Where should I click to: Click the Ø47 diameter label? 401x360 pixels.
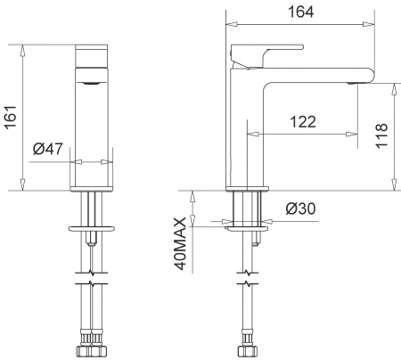pos(47,150)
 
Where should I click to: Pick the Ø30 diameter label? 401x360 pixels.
pos(299,209)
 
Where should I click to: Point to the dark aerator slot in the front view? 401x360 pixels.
pos(92,82)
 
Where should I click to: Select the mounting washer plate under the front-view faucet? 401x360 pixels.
pos(91,228)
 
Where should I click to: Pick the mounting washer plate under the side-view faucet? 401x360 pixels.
pos(247,228)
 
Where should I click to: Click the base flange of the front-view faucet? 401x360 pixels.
pos(91,190)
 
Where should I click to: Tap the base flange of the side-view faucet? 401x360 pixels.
pos(247,190)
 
